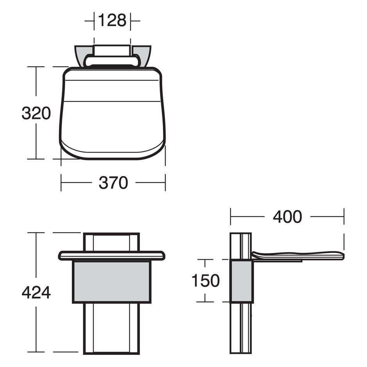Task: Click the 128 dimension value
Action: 112,20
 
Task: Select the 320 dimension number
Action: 36,113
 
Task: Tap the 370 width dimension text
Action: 113,183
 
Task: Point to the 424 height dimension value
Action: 36,292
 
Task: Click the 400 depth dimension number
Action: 287,217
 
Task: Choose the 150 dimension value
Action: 205,281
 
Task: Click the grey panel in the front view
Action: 112,281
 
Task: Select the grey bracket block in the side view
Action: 242,281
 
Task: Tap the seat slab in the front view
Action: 112,256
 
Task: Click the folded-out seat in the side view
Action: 299,255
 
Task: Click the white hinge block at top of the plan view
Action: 112,50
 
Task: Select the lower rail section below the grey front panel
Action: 112,328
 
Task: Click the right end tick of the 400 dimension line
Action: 344,217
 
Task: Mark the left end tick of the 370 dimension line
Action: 61,182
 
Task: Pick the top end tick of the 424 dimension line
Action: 36,233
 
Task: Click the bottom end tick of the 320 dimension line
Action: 36,159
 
